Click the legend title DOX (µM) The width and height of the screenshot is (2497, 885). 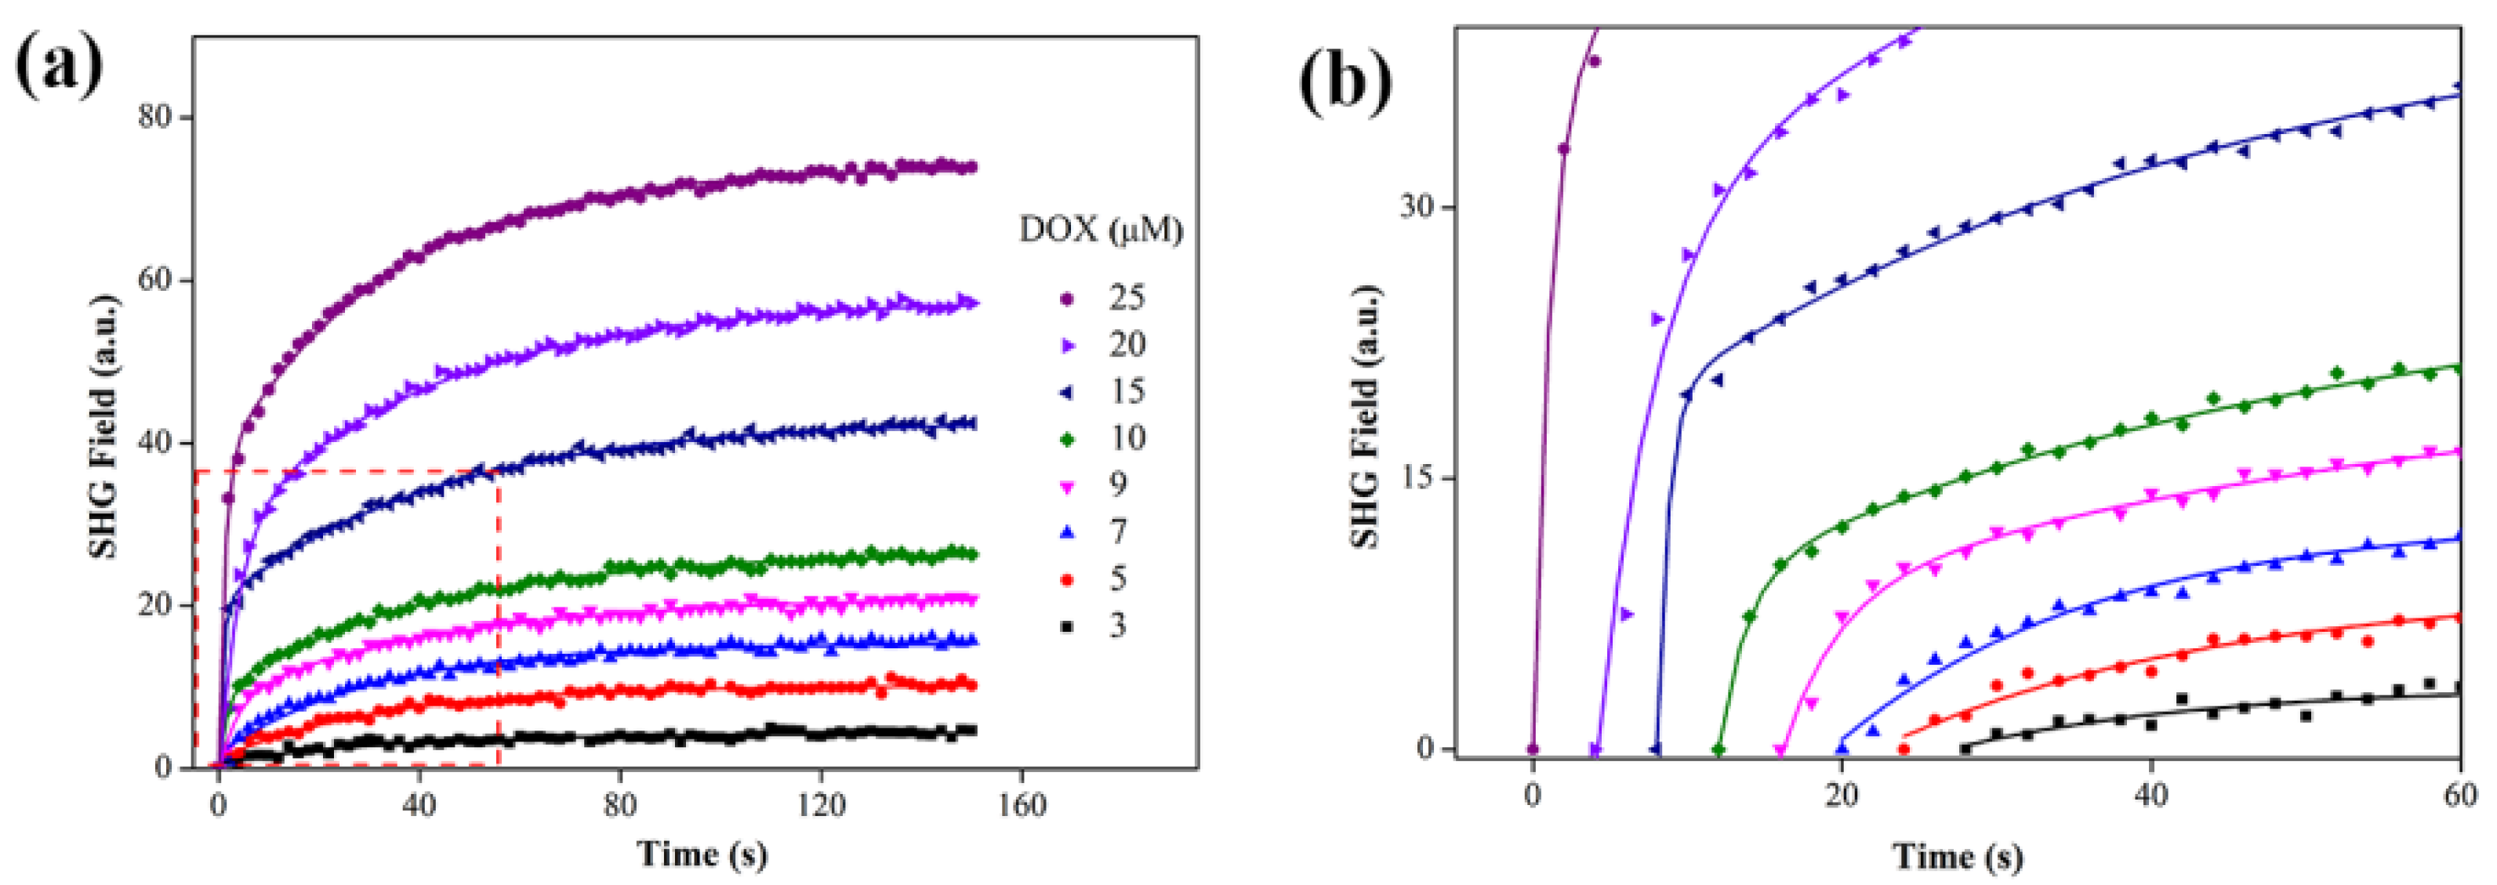tap(1102, 230)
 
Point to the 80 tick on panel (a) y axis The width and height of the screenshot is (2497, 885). tap(155, 118)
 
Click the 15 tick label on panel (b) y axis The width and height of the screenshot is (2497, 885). tap(1417, 479)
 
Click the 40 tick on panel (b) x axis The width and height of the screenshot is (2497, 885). tap(2151, 796)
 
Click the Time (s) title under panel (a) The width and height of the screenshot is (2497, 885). tap(702, 854)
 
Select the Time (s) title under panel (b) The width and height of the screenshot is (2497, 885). tap(1958, 857)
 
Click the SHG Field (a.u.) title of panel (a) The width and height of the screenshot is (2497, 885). tap(103, 426)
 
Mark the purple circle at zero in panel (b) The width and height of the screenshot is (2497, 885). tap(1533, 749)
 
